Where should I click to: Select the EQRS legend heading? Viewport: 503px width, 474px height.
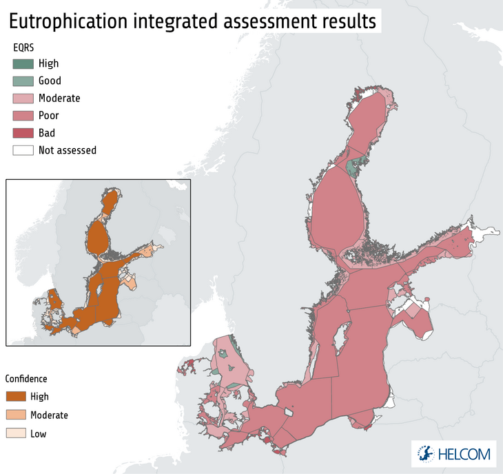pyautogui.click(x=24, y=47)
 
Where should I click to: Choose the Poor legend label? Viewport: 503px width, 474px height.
pyautogui.click(x=48, y=115)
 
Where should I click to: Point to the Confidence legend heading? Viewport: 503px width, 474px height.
pyautogui.click(x=26, y=379)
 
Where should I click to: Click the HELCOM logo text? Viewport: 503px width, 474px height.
pyautogui.click(x=464, y=454)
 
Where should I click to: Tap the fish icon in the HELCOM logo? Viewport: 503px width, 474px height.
pyautogui.click(x=427, y=453)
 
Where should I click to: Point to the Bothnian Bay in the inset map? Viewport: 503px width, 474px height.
pyautogui.click(x=111, y=203)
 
